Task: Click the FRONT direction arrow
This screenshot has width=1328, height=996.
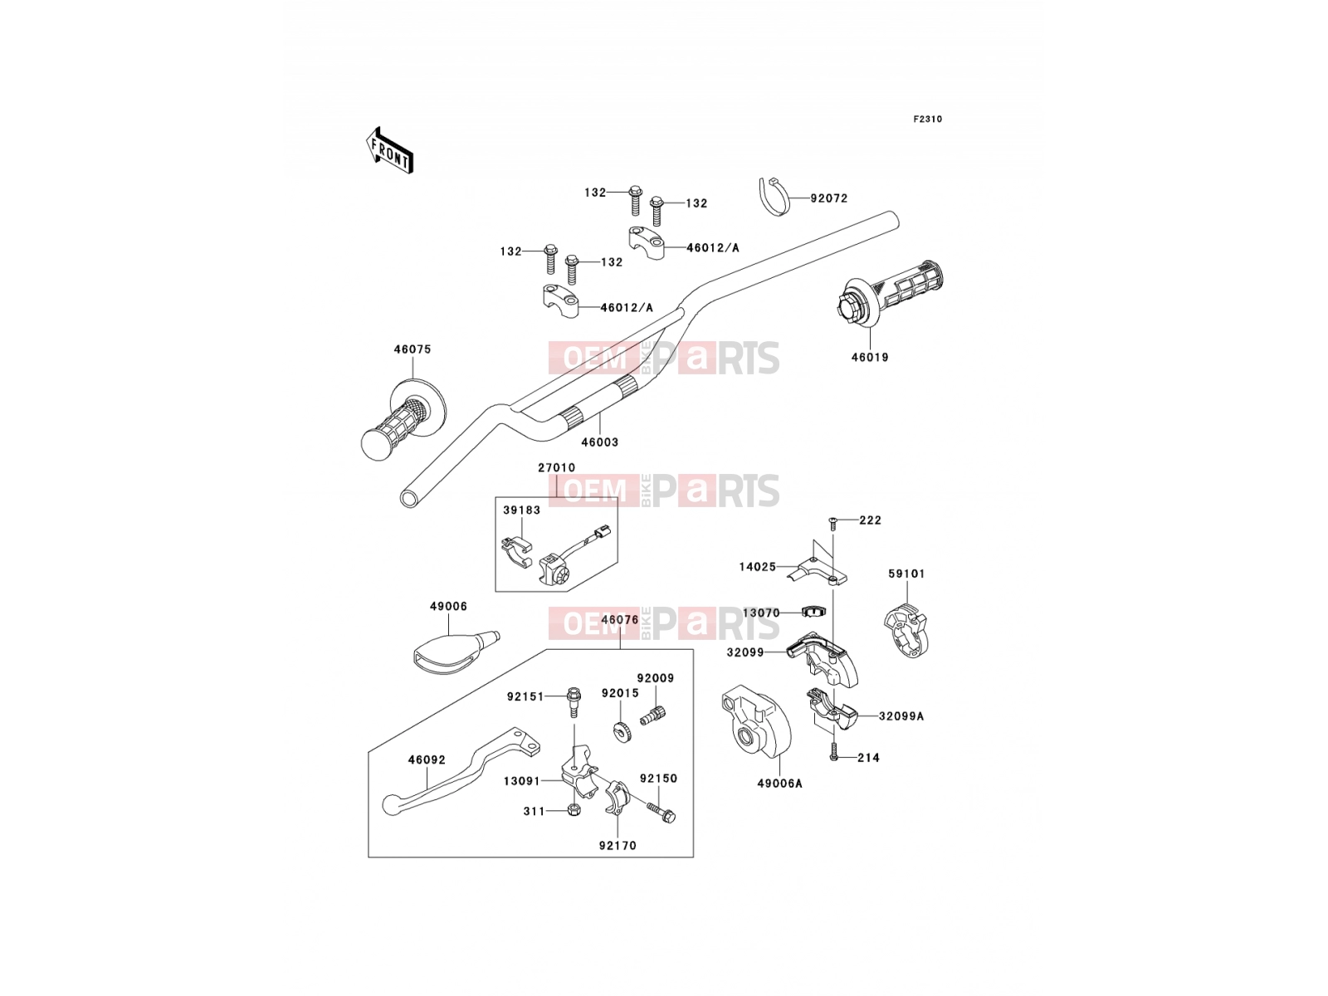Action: tap(389, 150)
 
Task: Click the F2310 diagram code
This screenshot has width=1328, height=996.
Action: tap(927, 120)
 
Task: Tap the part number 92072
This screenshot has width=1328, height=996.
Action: tap(829, 198)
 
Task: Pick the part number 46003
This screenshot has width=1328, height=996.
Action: tap(599, 442)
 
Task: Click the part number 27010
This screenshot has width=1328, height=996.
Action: tap(557, 467)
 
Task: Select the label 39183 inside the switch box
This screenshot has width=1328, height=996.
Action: tap(521, 510)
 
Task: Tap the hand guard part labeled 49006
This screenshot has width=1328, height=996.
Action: tap(455, 652)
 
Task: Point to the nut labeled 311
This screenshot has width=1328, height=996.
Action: tap(574, 810)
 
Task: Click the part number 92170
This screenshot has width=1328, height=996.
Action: tap(618, 846)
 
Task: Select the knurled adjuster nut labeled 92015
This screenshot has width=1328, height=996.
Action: tap(621, 732)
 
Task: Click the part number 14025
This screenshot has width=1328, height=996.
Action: tap(758, 567)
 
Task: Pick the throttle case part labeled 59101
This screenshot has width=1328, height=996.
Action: tap(906, 632)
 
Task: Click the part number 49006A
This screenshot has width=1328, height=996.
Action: tap(779, 784)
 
